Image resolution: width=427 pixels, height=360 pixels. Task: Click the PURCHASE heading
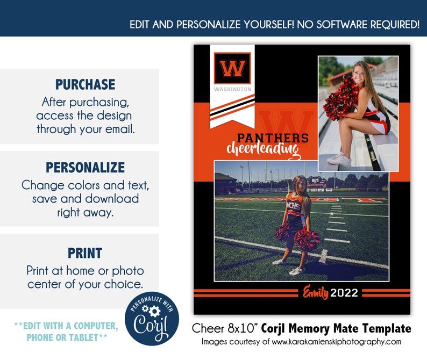pos(85,84)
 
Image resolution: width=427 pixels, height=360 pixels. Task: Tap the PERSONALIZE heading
pos(85,167)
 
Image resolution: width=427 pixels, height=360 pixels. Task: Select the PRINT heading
pos(85,253)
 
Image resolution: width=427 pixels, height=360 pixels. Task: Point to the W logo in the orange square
pos(232,68)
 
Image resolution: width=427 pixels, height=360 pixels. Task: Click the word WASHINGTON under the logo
pos(232,89)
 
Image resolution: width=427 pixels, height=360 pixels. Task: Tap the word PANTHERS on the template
pos(273,138)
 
